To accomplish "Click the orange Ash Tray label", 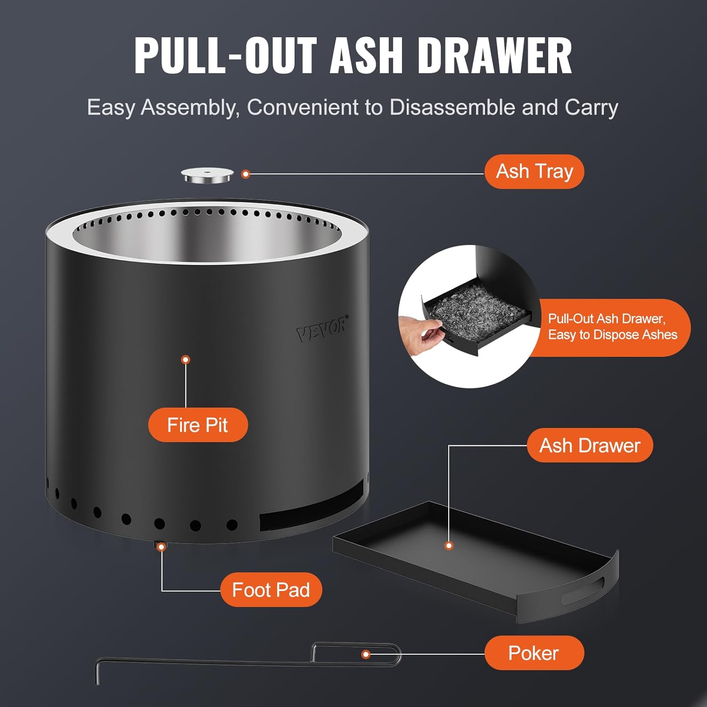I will point(534,172).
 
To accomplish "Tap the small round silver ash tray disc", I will point(207,176).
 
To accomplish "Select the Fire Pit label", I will point(197,425).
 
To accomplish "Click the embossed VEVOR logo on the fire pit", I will point(322,329).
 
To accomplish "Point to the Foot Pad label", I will point(271,590).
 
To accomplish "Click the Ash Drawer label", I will point(590,445).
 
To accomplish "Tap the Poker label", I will point(534,653).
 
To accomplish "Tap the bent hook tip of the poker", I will point(97,672).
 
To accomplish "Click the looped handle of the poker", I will point(358,654).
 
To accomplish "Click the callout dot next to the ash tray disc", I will point(245,174).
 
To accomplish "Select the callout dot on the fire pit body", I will point(186,360).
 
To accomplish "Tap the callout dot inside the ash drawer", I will point(449,545).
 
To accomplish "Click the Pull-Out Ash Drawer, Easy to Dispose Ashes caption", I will point(612,327).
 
